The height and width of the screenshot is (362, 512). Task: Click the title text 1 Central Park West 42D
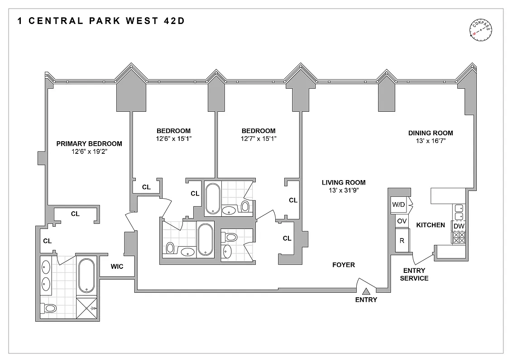coord(101,21)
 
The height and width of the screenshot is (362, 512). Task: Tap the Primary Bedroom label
coord(89,144)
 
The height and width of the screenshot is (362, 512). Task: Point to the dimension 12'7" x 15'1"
coord(258,139)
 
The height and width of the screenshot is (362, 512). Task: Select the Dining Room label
coord(431,133)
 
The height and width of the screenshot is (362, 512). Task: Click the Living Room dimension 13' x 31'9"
coord(344,191)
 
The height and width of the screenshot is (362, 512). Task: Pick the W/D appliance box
coord(399,205)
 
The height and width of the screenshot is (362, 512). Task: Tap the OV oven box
coord(402,221)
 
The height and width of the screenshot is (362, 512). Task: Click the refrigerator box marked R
coord(402,240)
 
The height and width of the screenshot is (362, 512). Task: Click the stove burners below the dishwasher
coord(459,238)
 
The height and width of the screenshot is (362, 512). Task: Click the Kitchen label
coord(431,225)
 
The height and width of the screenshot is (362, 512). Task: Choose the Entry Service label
coord(414,275)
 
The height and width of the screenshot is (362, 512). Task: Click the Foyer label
coord(344,265)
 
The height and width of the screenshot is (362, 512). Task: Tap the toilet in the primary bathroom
coord(49,308)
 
